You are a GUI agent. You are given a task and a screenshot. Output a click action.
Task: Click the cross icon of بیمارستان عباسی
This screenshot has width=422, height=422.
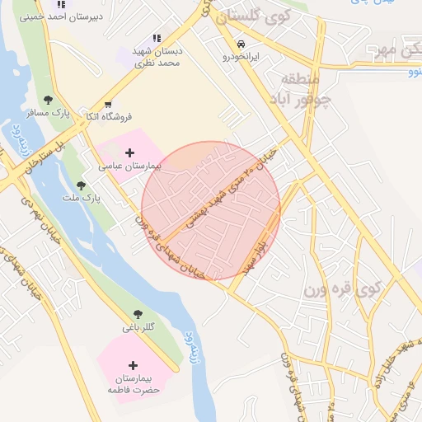click(x=129, y=152)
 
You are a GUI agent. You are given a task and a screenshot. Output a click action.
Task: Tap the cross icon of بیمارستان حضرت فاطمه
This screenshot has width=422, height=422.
click(x=134, y=365)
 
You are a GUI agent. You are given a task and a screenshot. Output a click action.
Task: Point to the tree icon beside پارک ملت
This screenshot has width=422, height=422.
click(x=80, y=186)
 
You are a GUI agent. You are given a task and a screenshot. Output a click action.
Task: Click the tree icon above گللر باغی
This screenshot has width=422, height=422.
click(x=138, y=315)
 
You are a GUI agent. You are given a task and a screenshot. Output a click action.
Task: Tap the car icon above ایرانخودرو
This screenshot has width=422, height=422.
click(x=240, y=44)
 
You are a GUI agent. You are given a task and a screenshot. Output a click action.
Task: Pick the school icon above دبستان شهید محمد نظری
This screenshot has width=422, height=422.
click(x=157, y=38)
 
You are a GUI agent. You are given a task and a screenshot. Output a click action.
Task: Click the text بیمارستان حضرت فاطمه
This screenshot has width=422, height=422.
click(x=133, y=383)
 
